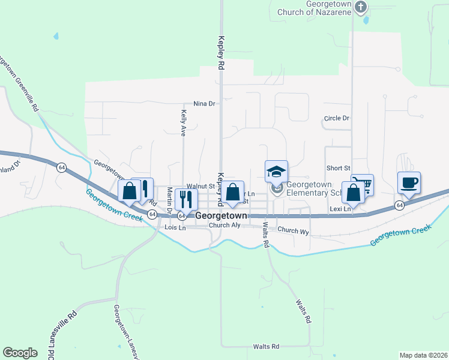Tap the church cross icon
(360, 7)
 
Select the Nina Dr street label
(204, 104)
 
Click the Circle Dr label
(336, 118)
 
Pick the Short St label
(338, 169)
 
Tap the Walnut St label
(200, 187)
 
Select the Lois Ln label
(175, 228)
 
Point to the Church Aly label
(224, 226)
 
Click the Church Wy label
(293, 230)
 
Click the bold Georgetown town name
(221, 215)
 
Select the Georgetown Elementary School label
(316, 188)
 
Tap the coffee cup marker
(409, 182)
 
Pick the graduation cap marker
(276, 172)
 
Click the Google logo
(20, 353)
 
